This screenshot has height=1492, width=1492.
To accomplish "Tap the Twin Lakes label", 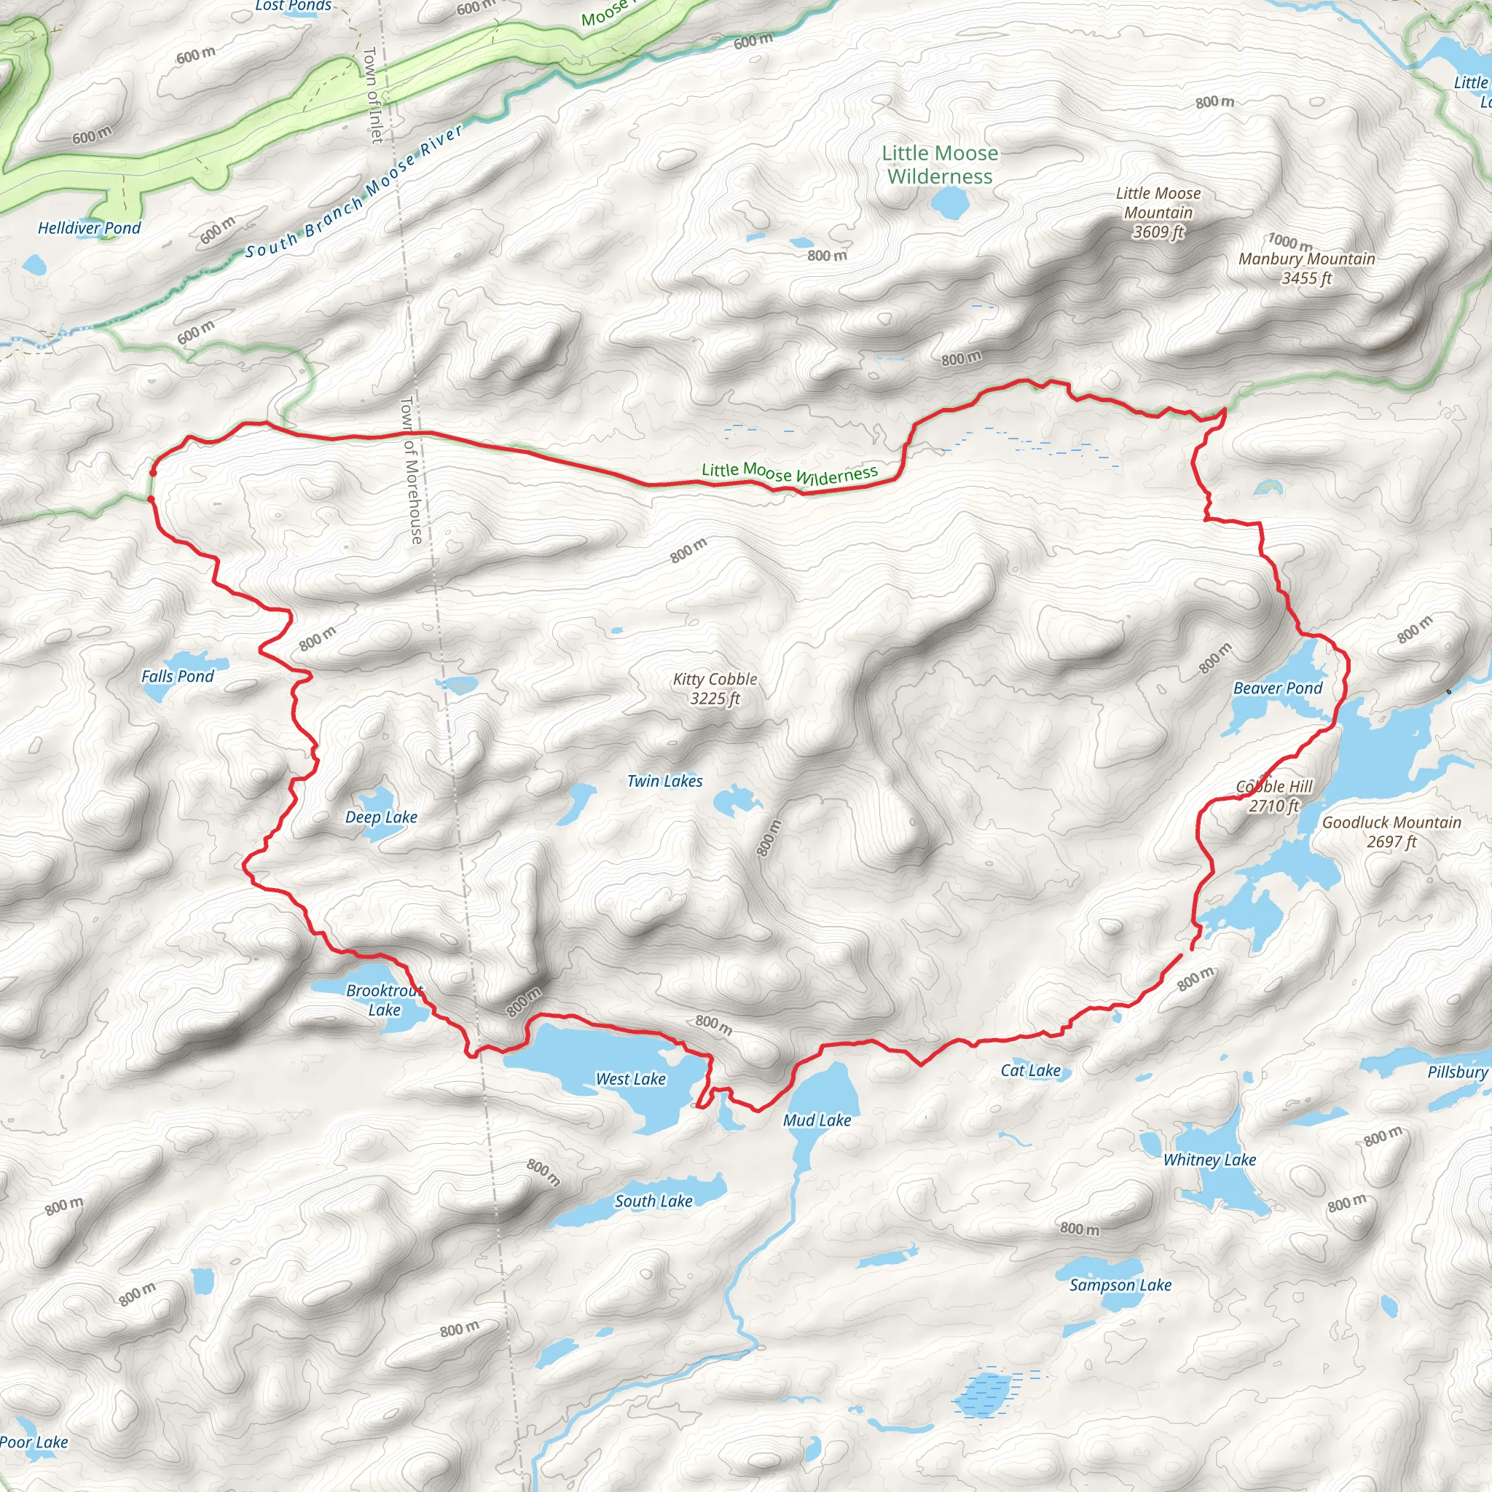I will pyautogui.click(x=664, y=781).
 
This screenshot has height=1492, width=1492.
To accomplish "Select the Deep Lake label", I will pyautogui.click(x=381, y=817).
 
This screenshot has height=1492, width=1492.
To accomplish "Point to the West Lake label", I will pyautogui.click(x=630, y=1079).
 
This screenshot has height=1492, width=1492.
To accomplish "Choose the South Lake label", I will pyautogui.click(x=653, y=1201).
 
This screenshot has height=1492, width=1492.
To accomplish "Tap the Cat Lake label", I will pyautogui.click(x=1030, y=1069).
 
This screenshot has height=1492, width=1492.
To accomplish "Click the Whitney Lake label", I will pyautogui.click(x=1209, y=1159).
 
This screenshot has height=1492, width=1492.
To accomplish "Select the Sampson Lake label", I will pyautogui.click(x=1120, y=1285).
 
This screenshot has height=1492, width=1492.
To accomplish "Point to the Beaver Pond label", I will pyautogui.click(x=1277, y=688).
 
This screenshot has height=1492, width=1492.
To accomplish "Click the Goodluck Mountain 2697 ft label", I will pyautogui.click(x=1391, y=832).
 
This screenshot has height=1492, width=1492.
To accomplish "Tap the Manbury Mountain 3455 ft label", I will pyautogui.click(x=1307, y=268).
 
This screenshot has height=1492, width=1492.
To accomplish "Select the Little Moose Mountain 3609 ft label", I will pyautogui.click(x=1158, y=213).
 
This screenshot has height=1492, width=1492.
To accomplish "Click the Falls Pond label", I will pyautogui.click(x=177, y=677).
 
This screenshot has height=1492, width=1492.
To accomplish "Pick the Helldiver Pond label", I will pyautogui.click(x=90, y=228).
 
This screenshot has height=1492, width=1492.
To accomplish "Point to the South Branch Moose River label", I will pyautogui.click(x=355, y=192).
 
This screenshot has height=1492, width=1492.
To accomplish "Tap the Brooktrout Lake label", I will pyautogui.click(x=384, y=1000).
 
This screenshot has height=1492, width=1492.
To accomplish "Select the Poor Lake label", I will pyautogui.click(x=34, y=1442).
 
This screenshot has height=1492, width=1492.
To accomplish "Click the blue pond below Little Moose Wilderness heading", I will pyautogui.click(x=949, y=203).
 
